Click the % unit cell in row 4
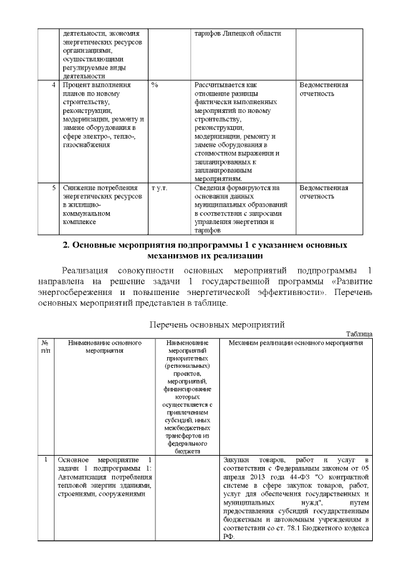(x=154, y=85)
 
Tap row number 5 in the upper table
(x=55, y=188)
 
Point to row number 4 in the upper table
(x=55, y=85)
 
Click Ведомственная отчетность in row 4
(x=323, y=89)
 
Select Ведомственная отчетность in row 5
(x=323, y=192)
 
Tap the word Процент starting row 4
(x=75, y=85)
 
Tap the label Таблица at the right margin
(x=359, y=334)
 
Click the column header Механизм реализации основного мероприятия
(x=296, y=343)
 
